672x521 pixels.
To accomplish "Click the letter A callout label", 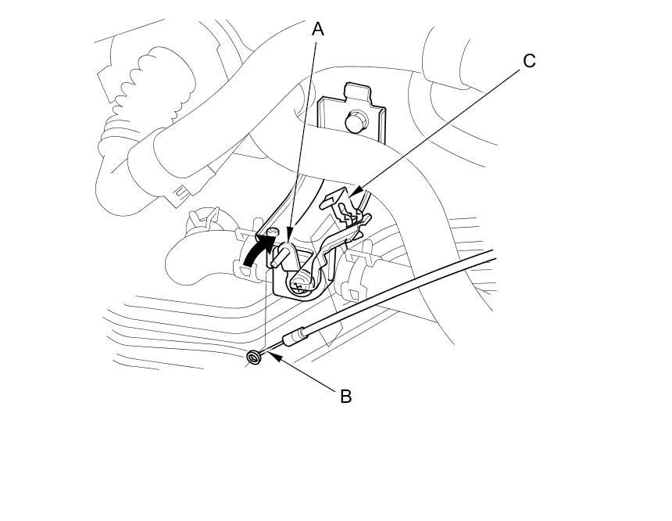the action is [318, 30].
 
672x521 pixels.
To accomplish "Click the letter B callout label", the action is [345, 397].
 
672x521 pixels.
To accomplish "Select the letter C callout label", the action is [529, 60].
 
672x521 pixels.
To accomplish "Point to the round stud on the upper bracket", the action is [354, 121].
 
